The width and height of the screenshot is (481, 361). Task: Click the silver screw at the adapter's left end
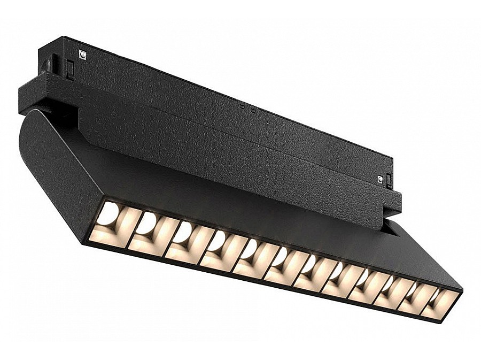(x=82, y=53)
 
